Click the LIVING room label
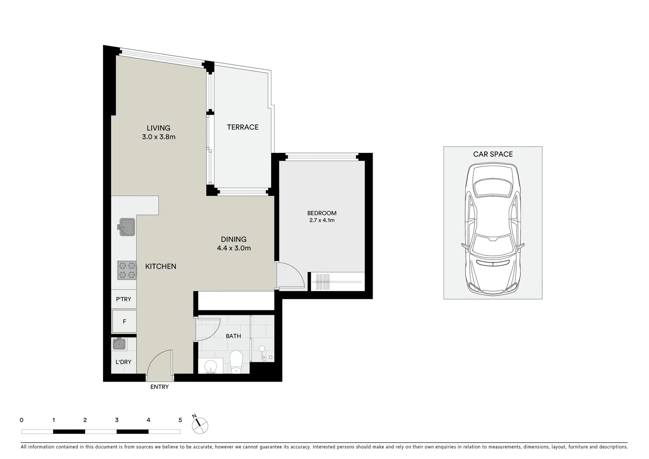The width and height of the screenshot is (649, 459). point(158,128)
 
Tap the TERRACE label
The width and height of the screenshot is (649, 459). point(242,127)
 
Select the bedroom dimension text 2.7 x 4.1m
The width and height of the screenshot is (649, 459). point(322,221)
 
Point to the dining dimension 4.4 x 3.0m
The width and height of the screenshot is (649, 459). point(233,248)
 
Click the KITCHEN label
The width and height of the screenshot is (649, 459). point(160,266)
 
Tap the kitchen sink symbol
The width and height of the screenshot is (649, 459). point(126,227)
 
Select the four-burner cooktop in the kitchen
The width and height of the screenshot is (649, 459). point(127,270)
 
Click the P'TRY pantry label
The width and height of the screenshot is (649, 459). point(124,299)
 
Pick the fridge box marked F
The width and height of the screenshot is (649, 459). point(124,321)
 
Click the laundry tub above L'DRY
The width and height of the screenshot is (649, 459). point(119,344)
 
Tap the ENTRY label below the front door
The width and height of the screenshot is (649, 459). point(160,387)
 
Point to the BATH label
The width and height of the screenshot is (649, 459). point(233,336)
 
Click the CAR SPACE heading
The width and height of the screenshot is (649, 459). point(493,154)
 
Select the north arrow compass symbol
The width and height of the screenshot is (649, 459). point(200,425)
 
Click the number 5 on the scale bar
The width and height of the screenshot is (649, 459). point(180,420)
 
